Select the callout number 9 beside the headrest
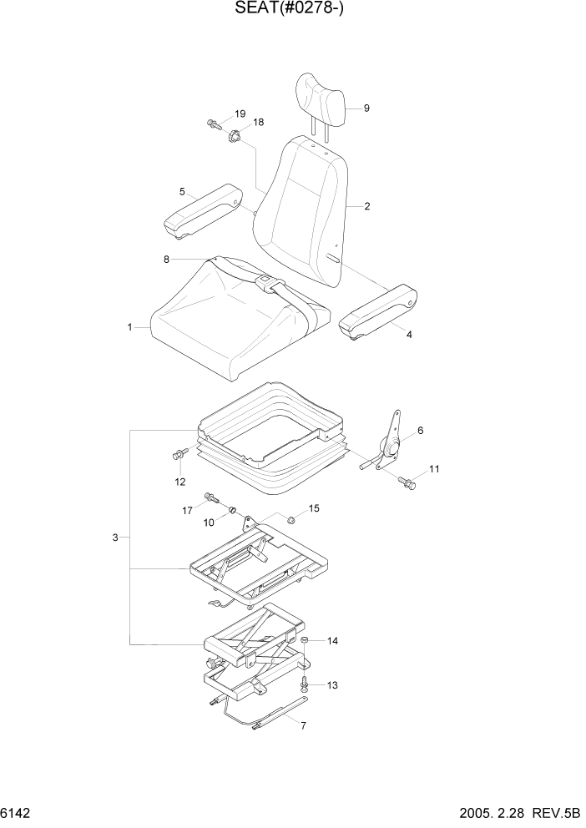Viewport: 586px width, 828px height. pos(366,108)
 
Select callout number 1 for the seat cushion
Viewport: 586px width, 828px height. pos(130,328)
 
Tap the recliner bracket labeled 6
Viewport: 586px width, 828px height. pos(390,443)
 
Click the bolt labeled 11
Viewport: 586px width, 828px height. pos(407,482)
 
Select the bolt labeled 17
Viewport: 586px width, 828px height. pos(210,501)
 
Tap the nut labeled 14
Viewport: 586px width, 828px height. pos(306,641)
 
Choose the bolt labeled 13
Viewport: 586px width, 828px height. pos(305,684)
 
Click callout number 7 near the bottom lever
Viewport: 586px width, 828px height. pos(302,725)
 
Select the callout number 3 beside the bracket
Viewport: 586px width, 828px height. pos(115,537)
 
